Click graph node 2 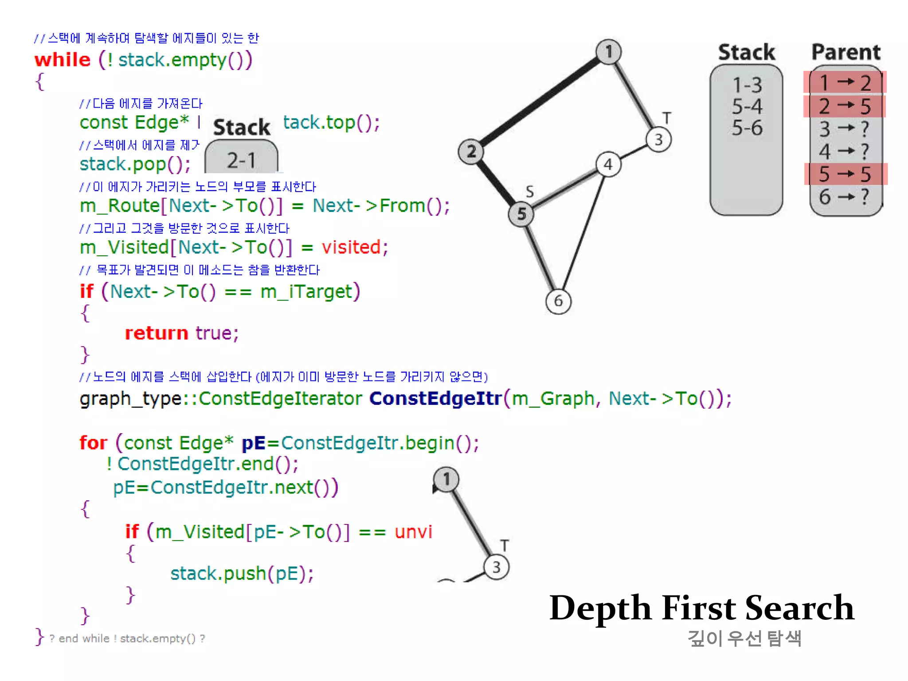[471, 152]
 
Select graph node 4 [608, 164]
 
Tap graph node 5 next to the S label [521, 214]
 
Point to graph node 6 [558, 301]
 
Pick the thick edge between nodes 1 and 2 [539, 102]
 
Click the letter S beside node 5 [530, 192]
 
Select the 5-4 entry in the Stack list [747, 106]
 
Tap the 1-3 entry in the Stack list [747, 85]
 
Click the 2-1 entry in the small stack [241, 160]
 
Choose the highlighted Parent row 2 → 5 [845, 106]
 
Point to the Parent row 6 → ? [845, 196]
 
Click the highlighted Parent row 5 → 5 [845, 174]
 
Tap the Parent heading [845, 52]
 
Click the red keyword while [63, 59]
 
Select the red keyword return [157, 333]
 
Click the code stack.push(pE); [242, 573]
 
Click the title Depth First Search [701, 607]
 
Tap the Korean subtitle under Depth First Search [744, 638]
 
